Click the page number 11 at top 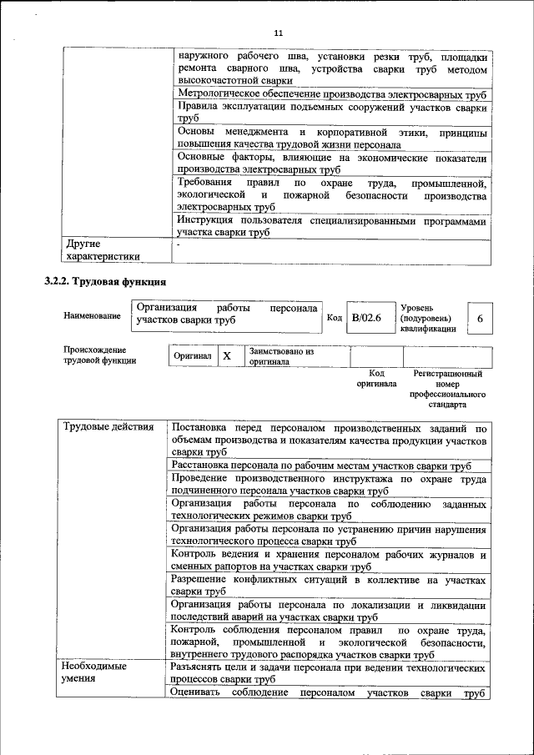pos(278,33)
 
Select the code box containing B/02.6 pos(365,318)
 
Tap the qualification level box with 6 pos(480,319)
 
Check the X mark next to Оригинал pos(226,356)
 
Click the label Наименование pos(91,315)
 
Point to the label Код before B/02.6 pos(334,319)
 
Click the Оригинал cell pos(192,356)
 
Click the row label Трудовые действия pos(108,428)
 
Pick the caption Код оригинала pos(376,379)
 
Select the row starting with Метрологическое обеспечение pos(332,94)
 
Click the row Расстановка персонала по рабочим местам pos(320,466)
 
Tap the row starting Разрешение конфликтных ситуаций pos(328,585)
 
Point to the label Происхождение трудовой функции pos(94,355)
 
